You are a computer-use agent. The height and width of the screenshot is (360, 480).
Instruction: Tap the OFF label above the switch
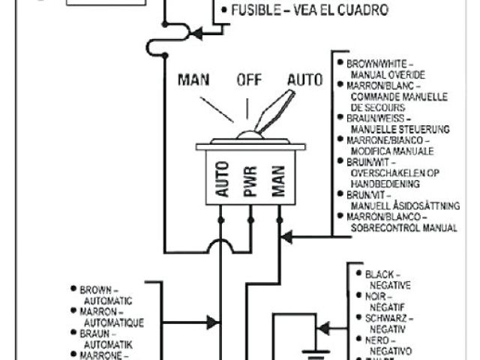250,80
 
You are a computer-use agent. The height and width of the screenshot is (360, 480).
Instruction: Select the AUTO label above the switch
305,80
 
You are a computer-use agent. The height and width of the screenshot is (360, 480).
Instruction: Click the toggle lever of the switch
269,112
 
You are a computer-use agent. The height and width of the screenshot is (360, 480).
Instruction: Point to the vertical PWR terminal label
250,181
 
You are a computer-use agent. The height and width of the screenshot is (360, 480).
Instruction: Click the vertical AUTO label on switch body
222,180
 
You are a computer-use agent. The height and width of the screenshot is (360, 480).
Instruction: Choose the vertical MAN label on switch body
279,181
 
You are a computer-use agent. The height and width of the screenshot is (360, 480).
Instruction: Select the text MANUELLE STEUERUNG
398,129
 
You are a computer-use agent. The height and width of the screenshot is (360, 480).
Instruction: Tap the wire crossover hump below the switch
221,246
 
